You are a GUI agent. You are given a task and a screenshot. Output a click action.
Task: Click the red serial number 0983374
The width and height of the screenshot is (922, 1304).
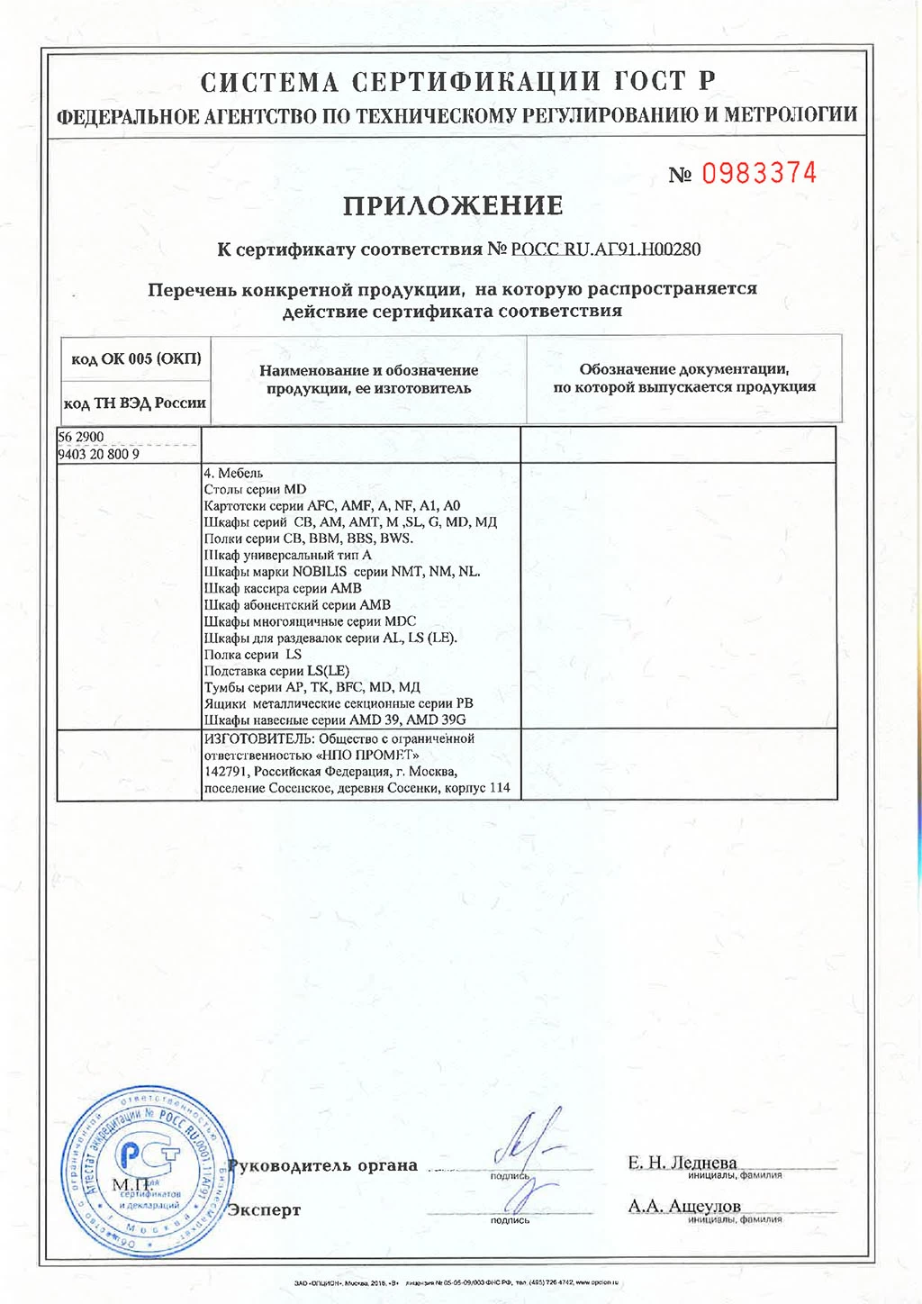coord(759,173)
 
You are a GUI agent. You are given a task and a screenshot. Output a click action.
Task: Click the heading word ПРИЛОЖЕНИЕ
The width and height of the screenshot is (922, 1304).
coord(453,206)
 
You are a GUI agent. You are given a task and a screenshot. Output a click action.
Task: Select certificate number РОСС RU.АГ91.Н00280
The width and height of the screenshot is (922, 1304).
coord(605,249)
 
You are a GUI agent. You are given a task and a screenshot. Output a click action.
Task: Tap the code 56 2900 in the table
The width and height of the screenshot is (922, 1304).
coord(81,437)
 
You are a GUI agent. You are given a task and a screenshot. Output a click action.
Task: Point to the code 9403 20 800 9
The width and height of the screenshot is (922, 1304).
coord(99,454)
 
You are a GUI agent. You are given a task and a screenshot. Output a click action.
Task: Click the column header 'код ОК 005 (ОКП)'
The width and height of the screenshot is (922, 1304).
coord(136,359)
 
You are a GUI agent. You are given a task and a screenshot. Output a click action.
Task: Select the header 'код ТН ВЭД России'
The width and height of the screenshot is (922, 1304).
coord(135,403)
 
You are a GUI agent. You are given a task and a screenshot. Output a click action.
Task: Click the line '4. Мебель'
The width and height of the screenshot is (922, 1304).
coord(233,473)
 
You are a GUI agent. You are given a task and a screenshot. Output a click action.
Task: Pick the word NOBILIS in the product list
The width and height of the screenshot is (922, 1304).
coord(320,572)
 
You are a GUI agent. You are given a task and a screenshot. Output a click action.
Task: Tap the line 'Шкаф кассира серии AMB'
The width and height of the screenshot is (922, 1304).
coord(283,588)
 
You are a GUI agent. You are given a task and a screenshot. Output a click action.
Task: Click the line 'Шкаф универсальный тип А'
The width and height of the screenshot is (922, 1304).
coord(287,555)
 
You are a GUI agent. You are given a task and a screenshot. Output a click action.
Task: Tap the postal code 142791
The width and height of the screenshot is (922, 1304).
coord(225,772)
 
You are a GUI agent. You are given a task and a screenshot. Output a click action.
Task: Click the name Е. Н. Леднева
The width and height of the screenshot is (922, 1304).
coord(682,1163)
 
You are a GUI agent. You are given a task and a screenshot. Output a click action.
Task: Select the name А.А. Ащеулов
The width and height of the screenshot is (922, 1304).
coord(683,1206)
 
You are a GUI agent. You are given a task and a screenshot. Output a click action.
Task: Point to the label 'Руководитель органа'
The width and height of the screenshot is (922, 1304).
coord(322,1165)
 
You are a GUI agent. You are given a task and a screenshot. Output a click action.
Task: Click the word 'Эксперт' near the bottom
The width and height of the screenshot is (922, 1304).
coord(264,1209)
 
